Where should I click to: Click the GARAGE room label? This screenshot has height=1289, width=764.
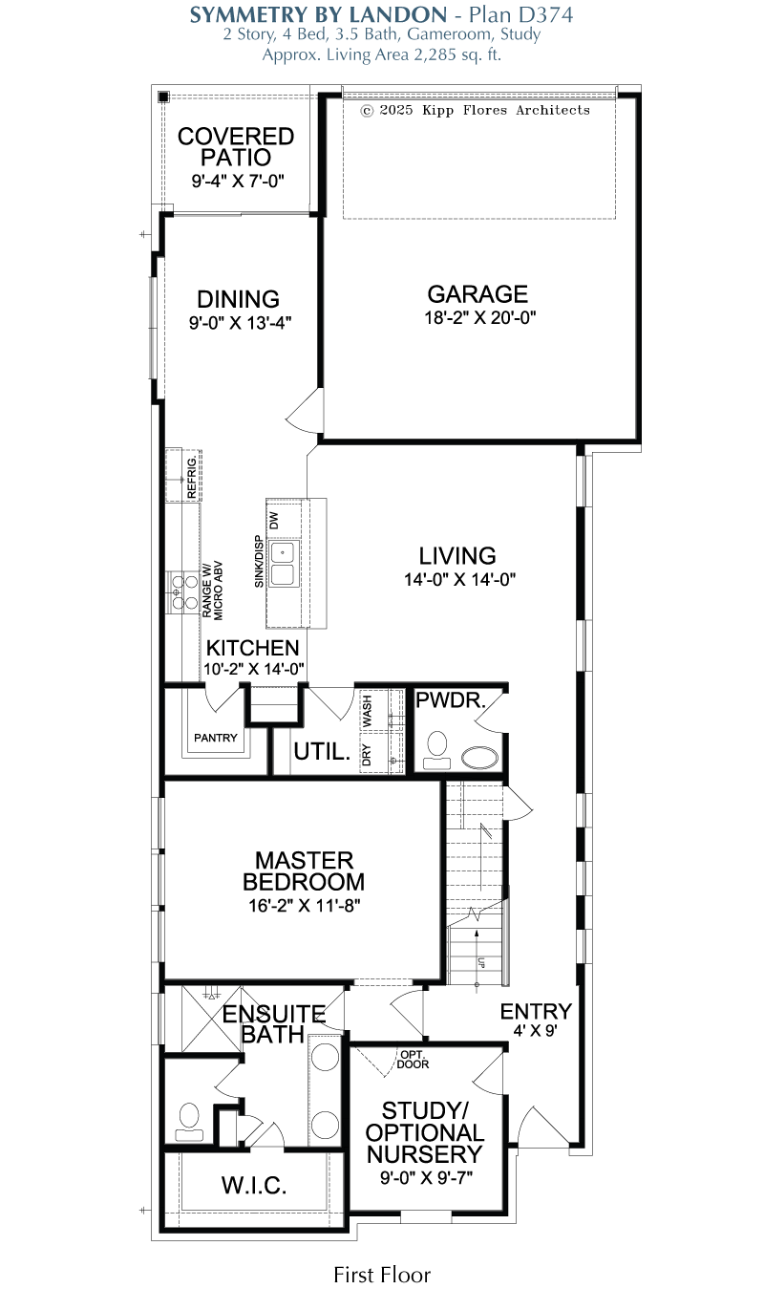tap(477, 294)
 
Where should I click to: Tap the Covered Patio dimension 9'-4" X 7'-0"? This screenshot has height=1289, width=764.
tap(238, 182)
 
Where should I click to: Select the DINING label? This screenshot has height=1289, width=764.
tap(238, 299)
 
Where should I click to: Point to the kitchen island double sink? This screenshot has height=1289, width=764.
tap(283, 564)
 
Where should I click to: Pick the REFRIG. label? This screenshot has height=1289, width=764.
tap(192, 477)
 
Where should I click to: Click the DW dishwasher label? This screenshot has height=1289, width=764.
tap(274, 521)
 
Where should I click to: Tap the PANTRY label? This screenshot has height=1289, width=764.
tap(215, 738)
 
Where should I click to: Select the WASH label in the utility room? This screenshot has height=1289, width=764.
tap(367, 711)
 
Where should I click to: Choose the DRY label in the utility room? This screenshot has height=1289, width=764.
tap(367, 755)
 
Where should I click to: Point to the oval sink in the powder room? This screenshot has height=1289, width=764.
tap(480, 758)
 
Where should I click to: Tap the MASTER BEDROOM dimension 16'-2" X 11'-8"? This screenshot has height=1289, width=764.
tap(305, 906)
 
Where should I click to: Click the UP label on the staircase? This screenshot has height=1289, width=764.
tap(481, 963)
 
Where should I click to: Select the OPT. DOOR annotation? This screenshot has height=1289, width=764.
tap(413, 1060)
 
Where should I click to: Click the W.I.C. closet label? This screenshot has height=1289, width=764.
tap(254, 1186)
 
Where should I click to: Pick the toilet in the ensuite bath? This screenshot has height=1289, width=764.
tap(189, 1122)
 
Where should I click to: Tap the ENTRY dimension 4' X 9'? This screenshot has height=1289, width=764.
tap(535, 1031)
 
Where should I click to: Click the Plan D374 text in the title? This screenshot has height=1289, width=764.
tap(521, 15)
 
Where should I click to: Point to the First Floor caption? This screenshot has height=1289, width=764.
tap(382, 1275)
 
